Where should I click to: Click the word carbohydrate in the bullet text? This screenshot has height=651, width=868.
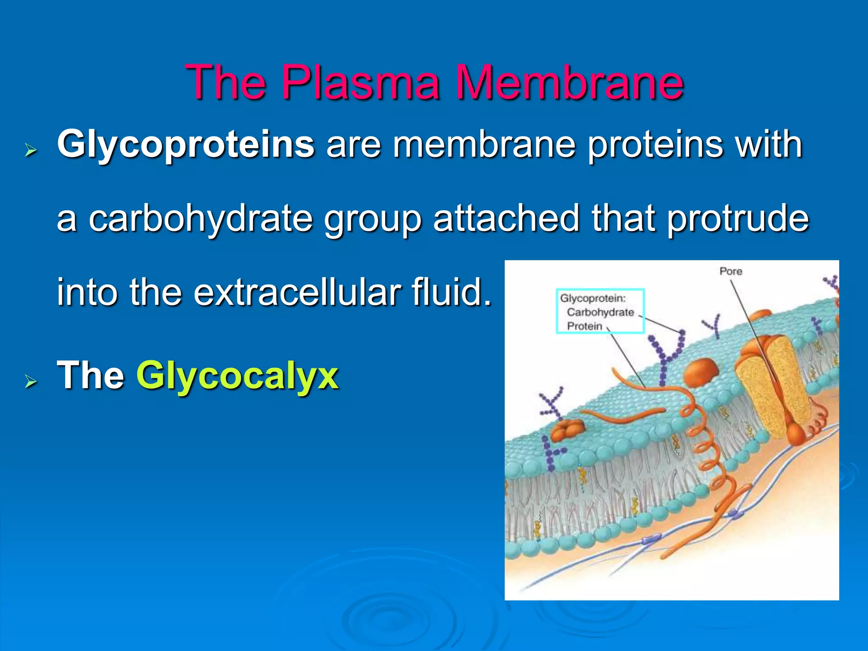(x=200, y=219)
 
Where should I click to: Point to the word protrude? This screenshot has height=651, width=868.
(x=737, y=219)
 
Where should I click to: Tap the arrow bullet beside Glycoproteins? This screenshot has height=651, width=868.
(x=31, y=150)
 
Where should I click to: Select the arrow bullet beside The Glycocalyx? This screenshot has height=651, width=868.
(x=31, y=381)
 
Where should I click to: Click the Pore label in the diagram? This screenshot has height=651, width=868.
(x=731, y=271)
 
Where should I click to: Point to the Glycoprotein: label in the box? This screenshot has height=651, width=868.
(x=593, y=298)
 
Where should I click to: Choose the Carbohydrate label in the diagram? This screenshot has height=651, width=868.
(x=600, y=312)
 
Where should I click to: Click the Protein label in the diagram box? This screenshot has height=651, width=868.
(x=584, y=326)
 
